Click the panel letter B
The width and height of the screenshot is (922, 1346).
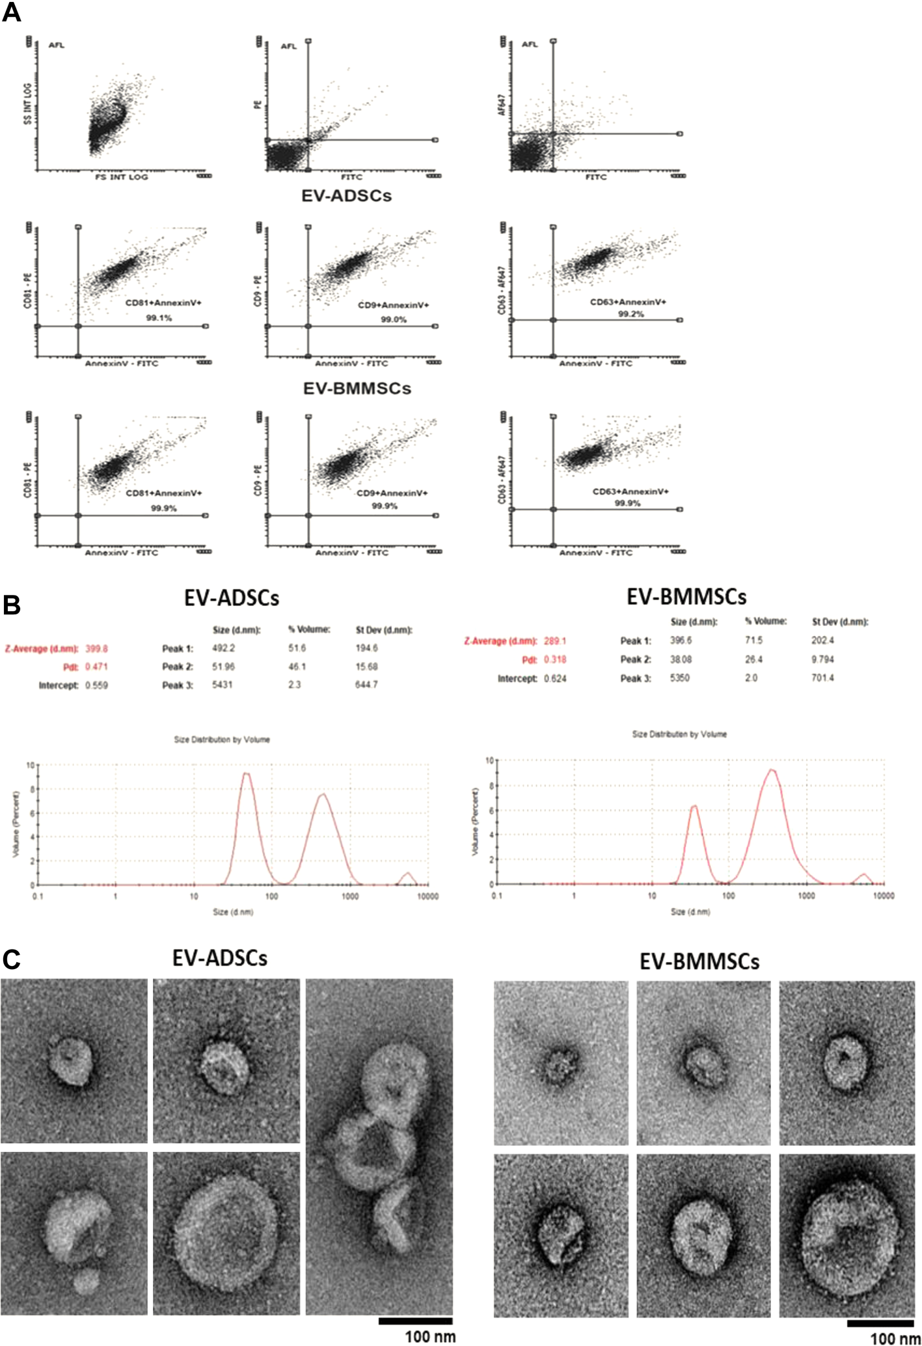[x=12, y=605]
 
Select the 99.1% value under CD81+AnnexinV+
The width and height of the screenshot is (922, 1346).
[x=159, y=318]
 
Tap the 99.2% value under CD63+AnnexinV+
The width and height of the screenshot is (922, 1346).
[x=630, y=314]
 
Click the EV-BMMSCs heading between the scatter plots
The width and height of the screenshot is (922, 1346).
[x=357, y=389]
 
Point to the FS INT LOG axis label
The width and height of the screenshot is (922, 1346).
[x=122, y=177]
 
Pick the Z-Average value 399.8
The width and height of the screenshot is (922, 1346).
[x=96, y=648]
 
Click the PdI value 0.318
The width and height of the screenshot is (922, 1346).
[x=554, y=659]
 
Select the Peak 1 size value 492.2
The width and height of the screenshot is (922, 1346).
[x=223, y=648]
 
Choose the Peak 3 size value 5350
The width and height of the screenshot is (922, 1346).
[x=680, y=678]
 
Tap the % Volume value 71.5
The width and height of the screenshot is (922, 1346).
[x=753, y=640]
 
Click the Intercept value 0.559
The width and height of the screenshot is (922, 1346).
[x=96, y=685]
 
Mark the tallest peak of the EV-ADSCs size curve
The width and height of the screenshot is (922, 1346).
[x=246, y=773]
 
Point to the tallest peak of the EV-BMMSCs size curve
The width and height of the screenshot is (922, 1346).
[x=772, y=770]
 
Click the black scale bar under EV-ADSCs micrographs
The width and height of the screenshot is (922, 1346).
[x=415, y=1321]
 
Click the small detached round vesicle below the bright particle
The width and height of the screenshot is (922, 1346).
[x=85, y=1281]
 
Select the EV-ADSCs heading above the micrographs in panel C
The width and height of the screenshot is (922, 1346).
[x=219, y=958]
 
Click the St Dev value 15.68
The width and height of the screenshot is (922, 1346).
[x=366, y=666]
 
